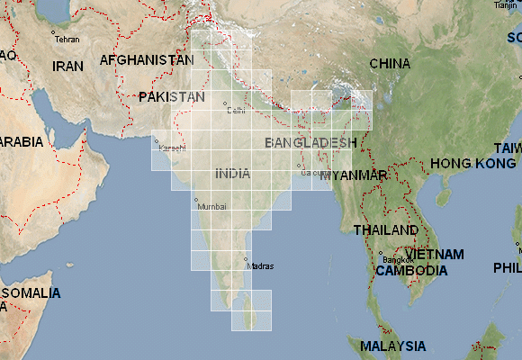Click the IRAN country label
pyautogui.click(x=67, y=66)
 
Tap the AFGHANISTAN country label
pyautogui.click(x=147, y=59)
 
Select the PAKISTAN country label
pyautogui.click(x=172, y=96)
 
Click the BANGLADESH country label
pyautogui.click(x=310, y=143)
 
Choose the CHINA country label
pyautogui.click(x=390, y=64)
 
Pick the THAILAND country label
pyautogui.click(x=386, y=229)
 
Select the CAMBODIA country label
pyautogui.click(x=411, y=270)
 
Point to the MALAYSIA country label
pyautogui.click(x=392, y=346)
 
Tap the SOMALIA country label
pyautogui.click(x=31, y=293)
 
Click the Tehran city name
pyautogui.click(x=67, y=40)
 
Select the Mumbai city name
pyautogui.click(x=213, y=206)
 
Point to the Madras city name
pyautogui.click(x=259, y=266)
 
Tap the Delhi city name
pyautogui.click(x=237, y=111)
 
